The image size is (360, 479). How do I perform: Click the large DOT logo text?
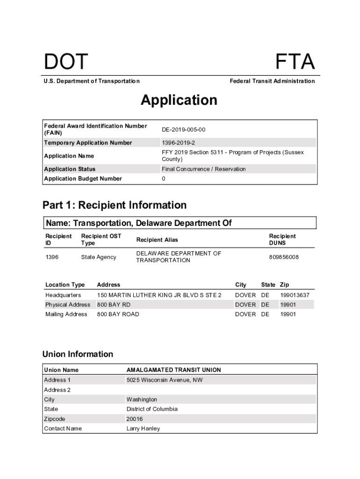click(x=66, y=63)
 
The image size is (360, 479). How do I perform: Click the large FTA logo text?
click(x=295, y=63)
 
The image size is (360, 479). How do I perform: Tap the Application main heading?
click(x=179, y=100)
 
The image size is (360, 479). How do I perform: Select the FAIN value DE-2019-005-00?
click(x=183, y=130)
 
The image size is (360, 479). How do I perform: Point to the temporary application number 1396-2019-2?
click(x=179, y=143)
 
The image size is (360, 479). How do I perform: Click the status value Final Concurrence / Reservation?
click(x=203, y=169)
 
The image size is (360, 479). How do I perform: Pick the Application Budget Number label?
click(x=83, y=179)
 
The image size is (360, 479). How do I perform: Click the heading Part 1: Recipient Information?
click(x=115, y=205)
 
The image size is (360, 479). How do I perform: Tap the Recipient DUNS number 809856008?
click(x=284, y=257)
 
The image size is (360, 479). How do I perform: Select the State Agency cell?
click(x=99, y=257)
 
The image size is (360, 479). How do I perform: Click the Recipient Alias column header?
click(x=157, y=240)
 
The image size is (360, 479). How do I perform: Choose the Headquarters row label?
click(x=63, y=295)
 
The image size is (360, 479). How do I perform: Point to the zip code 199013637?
click(x=295, y=295)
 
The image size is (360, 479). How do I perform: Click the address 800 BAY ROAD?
click(x=118, y=314)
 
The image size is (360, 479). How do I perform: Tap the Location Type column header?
click(x=65, y=285)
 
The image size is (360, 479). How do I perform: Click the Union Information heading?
click(x=78, y=354)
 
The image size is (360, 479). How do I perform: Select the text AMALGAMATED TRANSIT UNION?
click(x=173, y=370)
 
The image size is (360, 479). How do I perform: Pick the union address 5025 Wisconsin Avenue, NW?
click(x=165, y=380)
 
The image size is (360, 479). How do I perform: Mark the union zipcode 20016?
click(x=135, y=419)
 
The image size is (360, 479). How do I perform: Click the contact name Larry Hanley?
click(x=143, y=428)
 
